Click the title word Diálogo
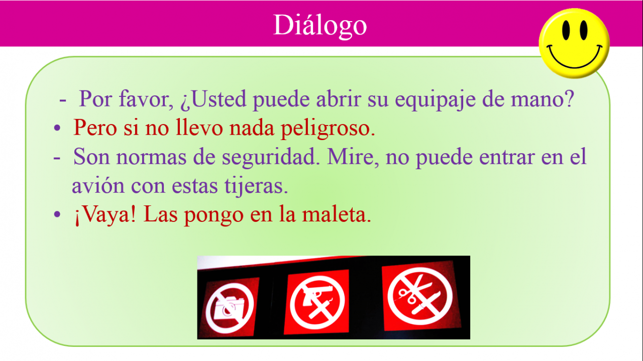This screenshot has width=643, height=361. tap(320, 26)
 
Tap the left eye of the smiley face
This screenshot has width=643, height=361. tap(566, 30)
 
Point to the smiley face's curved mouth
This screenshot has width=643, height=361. tap(574, 59)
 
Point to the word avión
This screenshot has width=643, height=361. tap(98, 185)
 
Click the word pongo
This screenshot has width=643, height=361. tap(213, 216)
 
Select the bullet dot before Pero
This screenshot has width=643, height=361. tap(57, 128)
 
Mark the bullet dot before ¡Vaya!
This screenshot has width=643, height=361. tap(57, 214)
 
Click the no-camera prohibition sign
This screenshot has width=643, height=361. tap(230, 308)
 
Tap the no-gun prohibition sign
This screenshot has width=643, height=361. tap(317, 302)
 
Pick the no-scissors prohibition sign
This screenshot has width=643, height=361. tap(420, 296)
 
